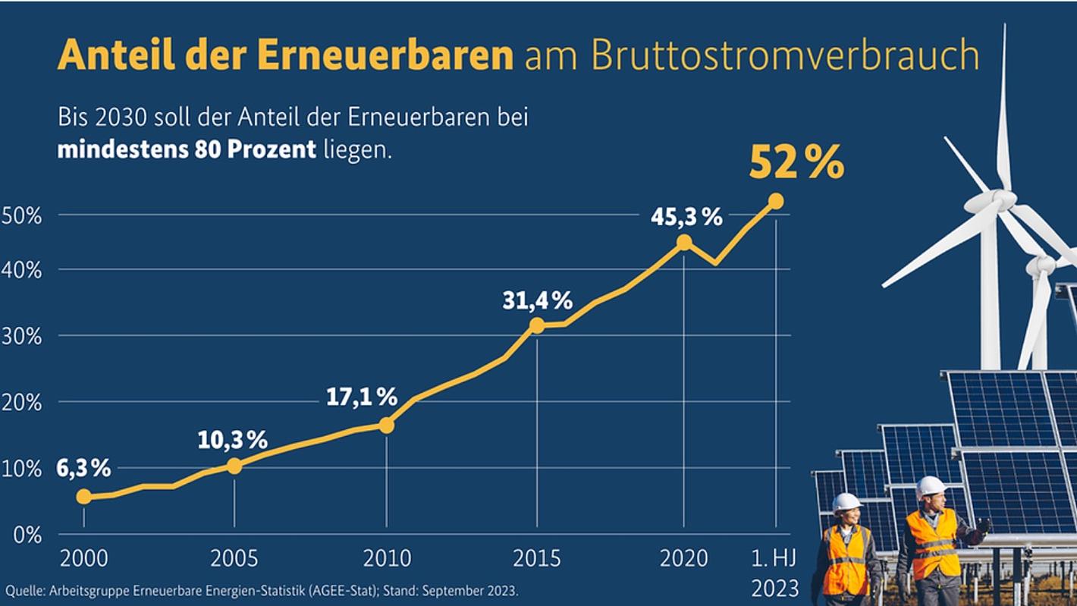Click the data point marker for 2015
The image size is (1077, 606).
537,325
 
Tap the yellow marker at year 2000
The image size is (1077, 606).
83,497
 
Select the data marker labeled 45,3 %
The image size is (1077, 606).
684,242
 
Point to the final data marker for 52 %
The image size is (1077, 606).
776,201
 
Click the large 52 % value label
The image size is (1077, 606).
796,162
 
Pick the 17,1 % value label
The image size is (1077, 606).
362,397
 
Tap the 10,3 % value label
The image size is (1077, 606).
232,439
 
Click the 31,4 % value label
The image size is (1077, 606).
537,301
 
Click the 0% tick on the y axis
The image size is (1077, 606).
26,535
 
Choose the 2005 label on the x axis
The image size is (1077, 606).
234,560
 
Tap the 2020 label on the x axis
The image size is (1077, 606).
683,560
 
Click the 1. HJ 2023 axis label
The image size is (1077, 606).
775,574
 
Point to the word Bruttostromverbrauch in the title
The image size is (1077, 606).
784,55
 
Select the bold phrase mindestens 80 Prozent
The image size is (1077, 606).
187,149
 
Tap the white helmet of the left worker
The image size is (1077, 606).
846,501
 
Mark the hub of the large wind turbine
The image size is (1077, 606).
1001,199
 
